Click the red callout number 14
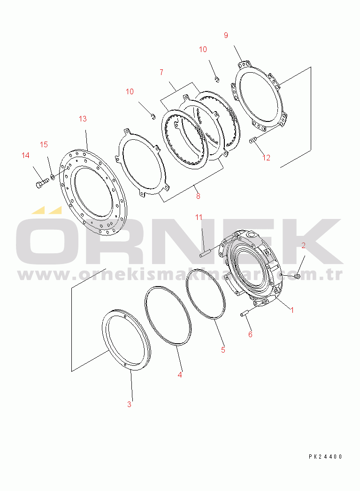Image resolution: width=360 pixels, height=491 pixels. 25,155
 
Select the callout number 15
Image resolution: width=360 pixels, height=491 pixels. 44,144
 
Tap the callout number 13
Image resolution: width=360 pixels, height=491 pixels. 83,119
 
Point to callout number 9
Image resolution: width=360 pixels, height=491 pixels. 226,35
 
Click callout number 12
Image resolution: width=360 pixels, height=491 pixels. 266,158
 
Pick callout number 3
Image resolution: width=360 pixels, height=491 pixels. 130,404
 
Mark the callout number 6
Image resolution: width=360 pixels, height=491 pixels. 250,334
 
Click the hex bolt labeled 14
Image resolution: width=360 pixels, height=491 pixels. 40,183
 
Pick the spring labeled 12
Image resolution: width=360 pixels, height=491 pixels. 254,140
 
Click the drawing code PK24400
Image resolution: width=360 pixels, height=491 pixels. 325,456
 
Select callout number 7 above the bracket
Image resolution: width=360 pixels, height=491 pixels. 161,72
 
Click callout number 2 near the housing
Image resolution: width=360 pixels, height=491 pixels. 303,245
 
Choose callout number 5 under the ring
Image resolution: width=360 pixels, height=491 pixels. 223,349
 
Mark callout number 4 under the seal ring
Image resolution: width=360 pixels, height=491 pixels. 180,374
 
